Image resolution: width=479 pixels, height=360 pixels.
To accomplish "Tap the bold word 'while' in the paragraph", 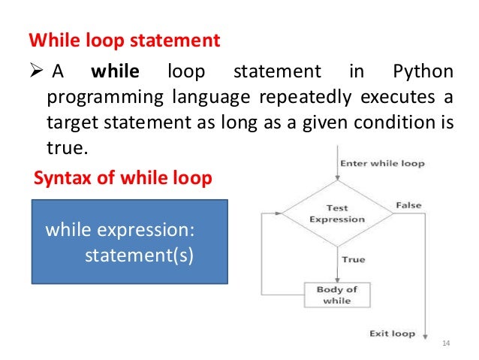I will (115, 73).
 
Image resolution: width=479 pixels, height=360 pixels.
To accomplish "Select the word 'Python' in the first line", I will (423, 73).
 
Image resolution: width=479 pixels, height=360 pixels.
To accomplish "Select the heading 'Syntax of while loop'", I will (124, 179).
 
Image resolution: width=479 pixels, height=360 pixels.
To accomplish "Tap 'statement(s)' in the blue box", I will (138, 255).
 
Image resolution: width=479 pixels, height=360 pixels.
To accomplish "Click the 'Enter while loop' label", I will (382, 163).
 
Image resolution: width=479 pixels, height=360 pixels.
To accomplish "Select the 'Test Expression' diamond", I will (336, 213).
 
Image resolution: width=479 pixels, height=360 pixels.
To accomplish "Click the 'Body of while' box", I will (336, 293).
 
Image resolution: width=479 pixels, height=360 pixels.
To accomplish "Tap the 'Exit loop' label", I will (393, 333).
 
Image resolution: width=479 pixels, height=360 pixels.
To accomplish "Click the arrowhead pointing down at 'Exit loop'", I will (426, 335).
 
